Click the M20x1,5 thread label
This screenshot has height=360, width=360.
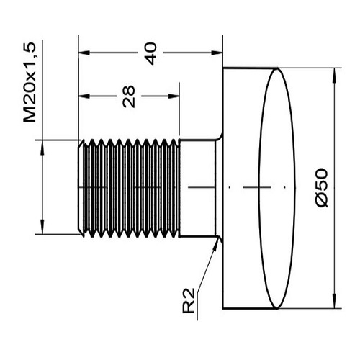point(30,82)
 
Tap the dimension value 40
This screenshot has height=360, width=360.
point(151,53)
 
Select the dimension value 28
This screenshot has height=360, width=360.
point(129,96)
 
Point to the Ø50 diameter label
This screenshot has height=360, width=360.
point(322,188)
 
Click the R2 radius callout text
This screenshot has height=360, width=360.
point(189,301)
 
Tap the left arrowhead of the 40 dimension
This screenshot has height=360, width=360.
point(84,53)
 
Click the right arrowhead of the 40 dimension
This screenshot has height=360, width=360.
point(217,53)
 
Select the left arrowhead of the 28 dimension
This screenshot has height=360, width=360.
point(84,96)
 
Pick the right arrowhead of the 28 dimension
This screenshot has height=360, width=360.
point(174,96)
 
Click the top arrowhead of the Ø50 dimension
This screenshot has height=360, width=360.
point(335,74)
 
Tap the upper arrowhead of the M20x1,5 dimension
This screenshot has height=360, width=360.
point(42,145)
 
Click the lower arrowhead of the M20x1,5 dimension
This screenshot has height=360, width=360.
point(42,228)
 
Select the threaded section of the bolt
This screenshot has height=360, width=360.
point(129,188)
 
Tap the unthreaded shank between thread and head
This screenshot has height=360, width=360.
point(197,188)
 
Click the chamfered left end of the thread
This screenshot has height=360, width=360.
point(81,188)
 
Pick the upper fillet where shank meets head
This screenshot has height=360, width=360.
point(220,138)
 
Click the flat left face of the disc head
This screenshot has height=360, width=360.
point(223,189)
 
